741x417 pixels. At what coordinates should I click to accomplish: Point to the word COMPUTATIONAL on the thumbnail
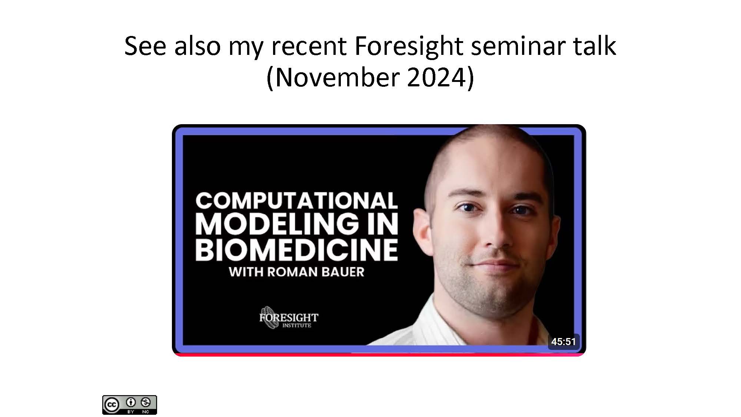click(x=296, y=201)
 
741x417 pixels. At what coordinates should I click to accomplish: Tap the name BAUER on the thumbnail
click(x=343, y=272)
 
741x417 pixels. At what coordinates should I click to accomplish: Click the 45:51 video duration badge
click(x=563, y=341)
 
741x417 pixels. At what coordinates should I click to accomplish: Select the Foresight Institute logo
click(x=289, y=318)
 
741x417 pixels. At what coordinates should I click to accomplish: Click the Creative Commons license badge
click(x=130, y=405)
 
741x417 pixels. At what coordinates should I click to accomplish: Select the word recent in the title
click(x=309, y=47)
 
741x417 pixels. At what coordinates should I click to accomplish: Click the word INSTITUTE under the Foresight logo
click(x=297, y=325)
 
